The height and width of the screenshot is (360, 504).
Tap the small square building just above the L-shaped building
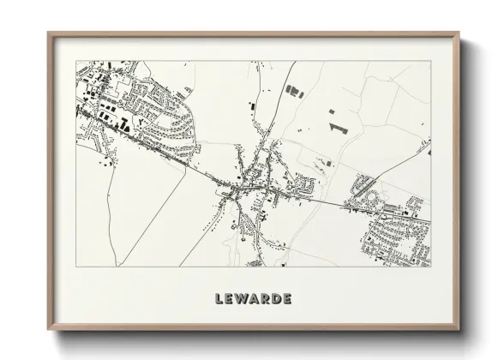pyautogui.click(x=333, y=111)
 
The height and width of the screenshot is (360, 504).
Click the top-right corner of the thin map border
pyautogui.click(x=430, y=61)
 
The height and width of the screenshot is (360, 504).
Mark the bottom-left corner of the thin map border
pyautogui.click(x=76, y=266)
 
